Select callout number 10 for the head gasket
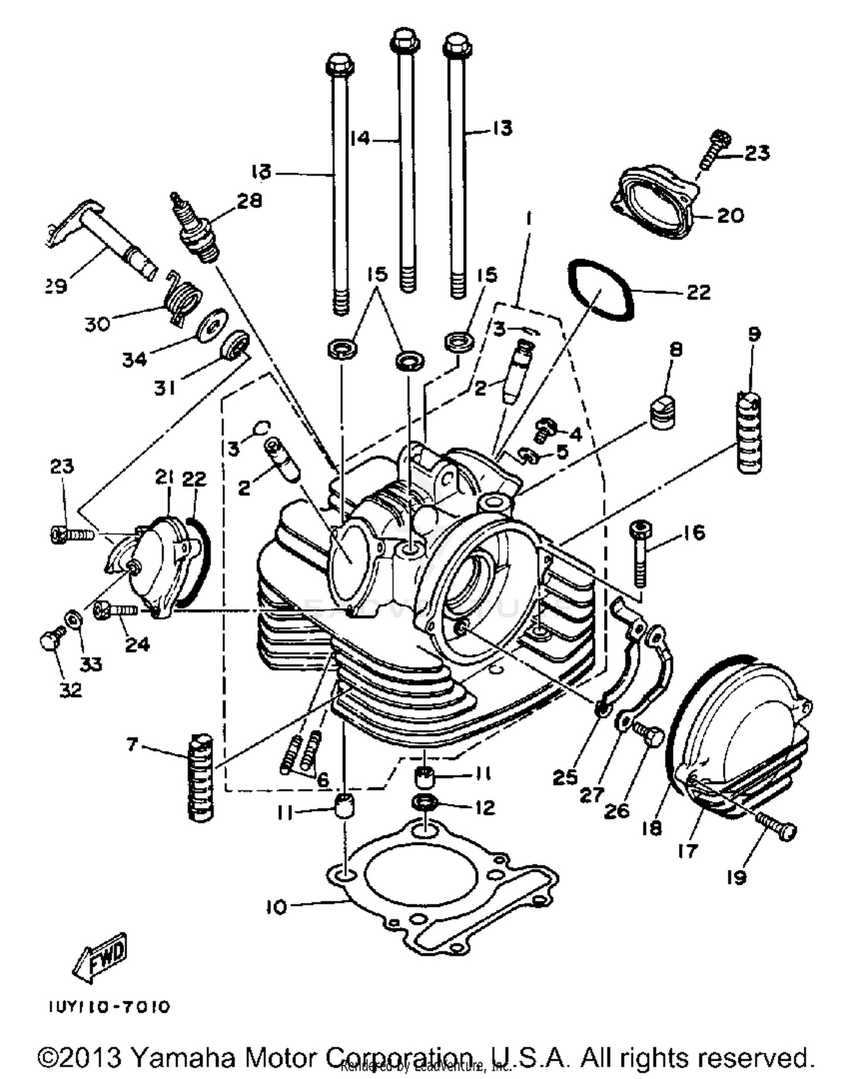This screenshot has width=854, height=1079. tap(277, 906)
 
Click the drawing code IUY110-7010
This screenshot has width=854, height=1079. tap(108, 1007)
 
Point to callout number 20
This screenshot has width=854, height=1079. tap(730, 215)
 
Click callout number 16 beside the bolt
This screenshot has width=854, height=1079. tap(693, 533)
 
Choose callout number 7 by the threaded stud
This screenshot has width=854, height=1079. tap(132, 744)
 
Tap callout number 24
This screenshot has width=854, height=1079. tap(137, 644)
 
